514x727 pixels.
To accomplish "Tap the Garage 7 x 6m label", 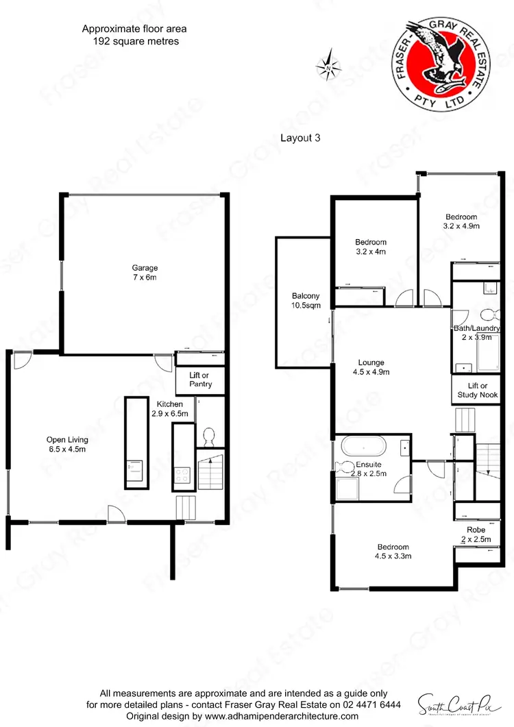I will (145, 273).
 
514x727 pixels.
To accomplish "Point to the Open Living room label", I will (67, 445).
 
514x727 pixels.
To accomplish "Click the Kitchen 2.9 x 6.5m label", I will (169, 409).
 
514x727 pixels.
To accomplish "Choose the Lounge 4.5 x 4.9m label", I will (371, 367).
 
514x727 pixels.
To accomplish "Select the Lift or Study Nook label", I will (478, 391).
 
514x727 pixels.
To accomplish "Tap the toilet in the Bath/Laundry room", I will (488, 315).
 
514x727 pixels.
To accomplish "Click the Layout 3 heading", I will (300, 137).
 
